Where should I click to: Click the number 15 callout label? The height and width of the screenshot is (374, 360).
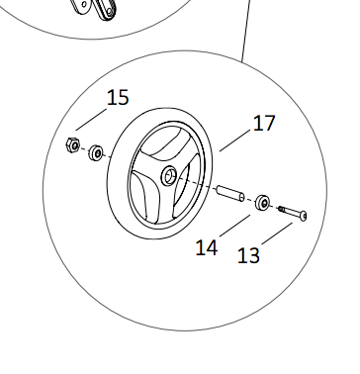(x=118, y=98)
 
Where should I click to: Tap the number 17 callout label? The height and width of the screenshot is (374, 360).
(x=264, y=123)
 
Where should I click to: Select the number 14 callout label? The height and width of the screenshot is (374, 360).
(x=207, y=247)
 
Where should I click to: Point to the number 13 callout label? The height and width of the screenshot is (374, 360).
(x=248, y=255)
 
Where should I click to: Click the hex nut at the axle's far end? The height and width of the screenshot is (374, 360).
(x=73, y=144)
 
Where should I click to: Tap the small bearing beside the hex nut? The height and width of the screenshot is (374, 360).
(x=96, y=152)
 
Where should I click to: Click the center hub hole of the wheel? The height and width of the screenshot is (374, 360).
(x=169, y=175)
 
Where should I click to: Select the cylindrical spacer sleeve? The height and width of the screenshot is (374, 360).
(x=230, y=194)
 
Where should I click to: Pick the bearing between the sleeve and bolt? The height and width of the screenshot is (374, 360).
(x=264, y=203)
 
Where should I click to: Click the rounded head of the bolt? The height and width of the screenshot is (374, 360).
(x=304, y=216)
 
